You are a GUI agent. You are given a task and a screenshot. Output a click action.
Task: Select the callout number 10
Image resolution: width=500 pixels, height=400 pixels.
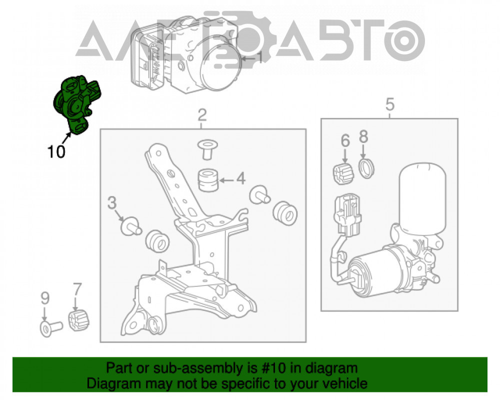point(56,151)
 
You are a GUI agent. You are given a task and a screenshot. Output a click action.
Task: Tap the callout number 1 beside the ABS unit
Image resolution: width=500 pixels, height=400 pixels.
point(260,58)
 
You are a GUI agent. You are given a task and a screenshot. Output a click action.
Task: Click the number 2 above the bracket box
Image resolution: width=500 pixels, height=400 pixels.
point(202,115)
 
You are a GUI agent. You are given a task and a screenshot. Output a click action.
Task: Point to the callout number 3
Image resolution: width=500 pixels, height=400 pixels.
point(390,104)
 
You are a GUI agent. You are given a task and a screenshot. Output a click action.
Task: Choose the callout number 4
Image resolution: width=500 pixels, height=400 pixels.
point(345,140)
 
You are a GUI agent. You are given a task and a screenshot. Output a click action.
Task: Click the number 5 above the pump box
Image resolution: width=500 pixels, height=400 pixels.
point(77,289)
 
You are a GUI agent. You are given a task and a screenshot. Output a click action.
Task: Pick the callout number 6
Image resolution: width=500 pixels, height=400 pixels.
point(363,136)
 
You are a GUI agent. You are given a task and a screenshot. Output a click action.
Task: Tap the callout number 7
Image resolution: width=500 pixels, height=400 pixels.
point(45,298)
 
